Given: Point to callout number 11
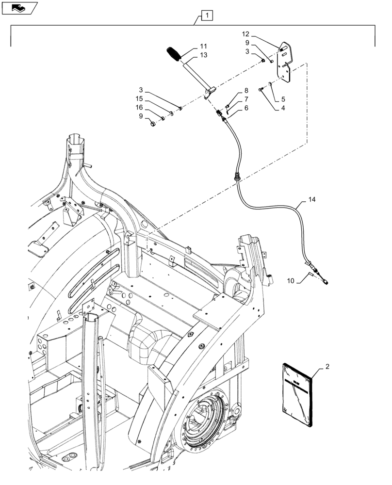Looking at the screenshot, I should click(x=203, y=47).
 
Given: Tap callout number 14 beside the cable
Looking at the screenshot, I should click(x=311, y=199).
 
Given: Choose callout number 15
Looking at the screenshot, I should click(x=139, y=99).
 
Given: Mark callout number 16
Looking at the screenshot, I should click(x=139, y=107).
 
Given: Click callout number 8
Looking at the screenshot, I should click(x=246, y=90).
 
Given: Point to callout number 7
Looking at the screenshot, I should click(x=246, y=99).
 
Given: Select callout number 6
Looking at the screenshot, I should click(x=246, y=108).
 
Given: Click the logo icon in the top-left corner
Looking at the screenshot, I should click(x=19, y=8).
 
